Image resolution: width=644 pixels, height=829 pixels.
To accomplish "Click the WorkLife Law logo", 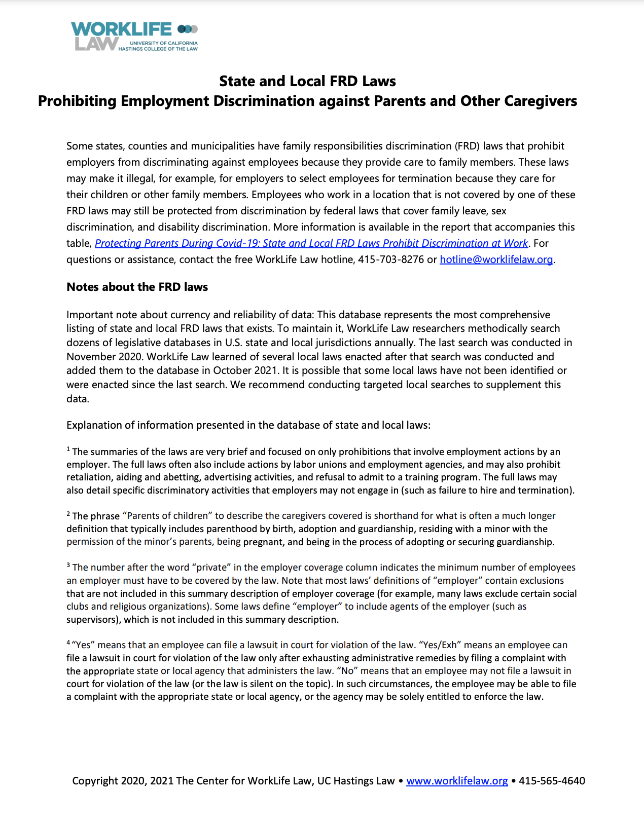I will coord(134,36).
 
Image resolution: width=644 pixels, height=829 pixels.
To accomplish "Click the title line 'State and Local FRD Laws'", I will coord(307,81).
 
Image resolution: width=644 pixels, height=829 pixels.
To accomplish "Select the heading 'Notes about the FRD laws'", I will coord(137,287).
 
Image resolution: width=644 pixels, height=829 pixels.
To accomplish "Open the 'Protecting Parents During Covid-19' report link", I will coord(311,243).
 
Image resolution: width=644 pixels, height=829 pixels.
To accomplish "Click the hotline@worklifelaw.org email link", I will coord(496,259).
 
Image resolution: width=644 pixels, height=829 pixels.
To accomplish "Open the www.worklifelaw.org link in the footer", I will coord(457,780).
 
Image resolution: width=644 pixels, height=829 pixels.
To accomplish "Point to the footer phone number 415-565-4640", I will coord(552,780).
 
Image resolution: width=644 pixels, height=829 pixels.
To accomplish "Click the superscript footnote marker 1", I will coord(68,449).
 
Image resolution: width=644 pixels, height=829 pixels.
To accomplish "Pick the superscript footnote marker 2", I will coord(68,513).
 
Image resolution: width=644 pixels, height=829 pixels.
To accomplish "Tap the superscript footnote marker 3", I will coord(68,565).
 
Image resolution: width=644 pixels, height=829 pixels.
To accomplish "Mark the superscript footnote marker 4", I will coord(68,643).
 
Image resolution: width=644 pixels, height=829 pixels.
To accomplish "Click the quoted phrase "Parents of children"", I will coord(167,516).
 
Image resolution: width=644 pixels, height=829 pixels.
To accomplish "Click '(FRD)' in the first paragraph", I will coord(467,146).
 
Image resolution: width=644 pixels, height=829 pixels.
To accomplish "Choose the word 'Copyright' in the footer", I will coord(95,780).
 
